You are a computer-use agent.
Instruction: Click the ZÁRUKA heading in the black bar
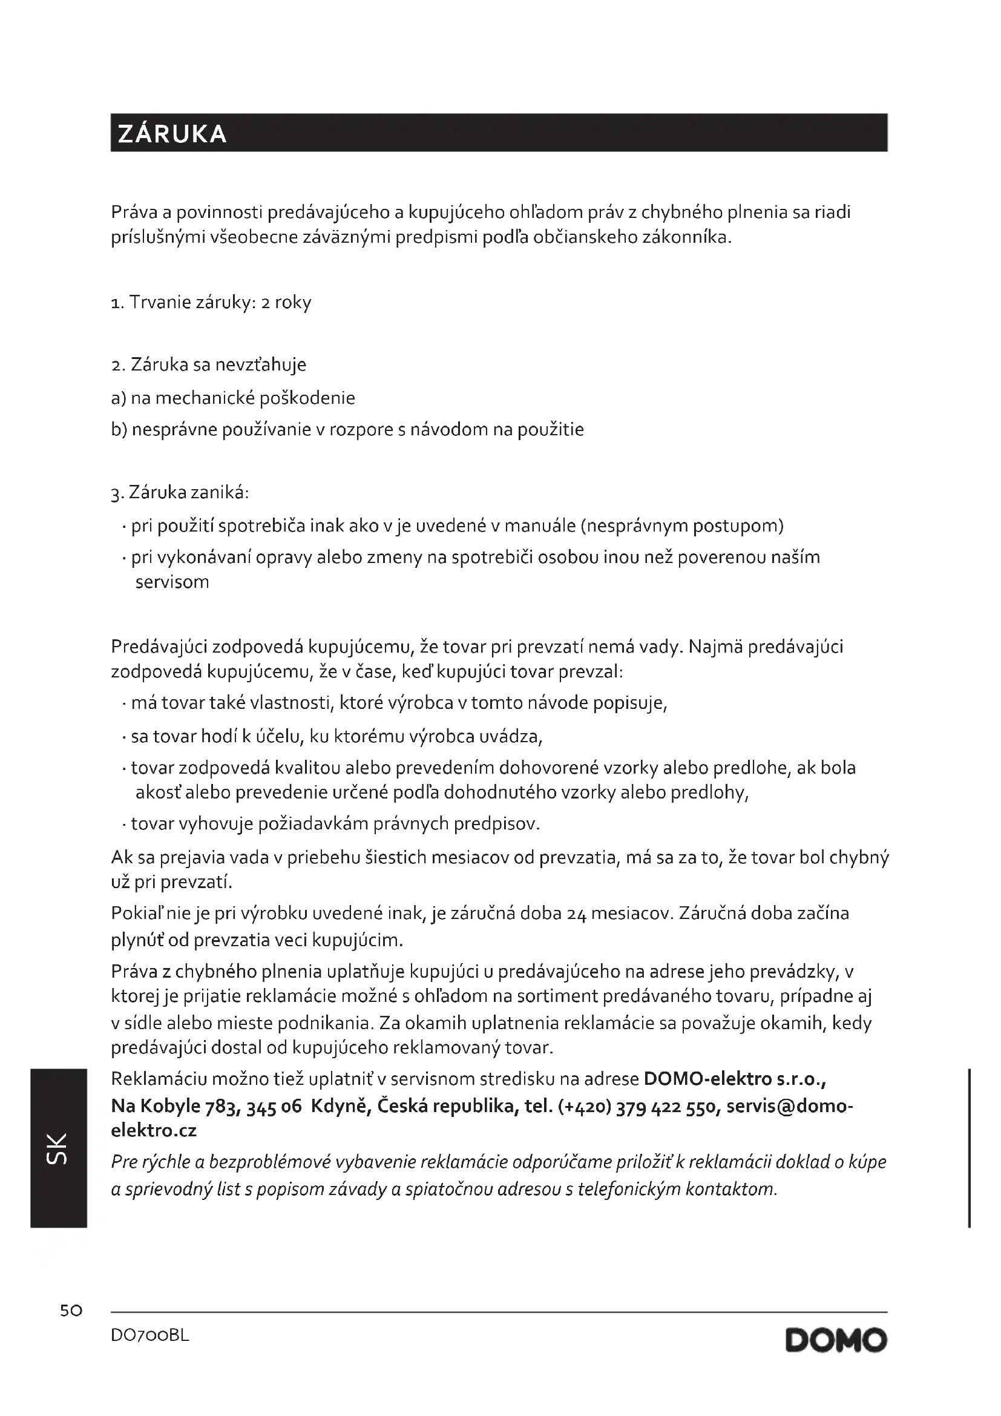tap(172, 134)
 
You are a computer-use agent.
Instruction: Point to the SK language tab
tap(57, 1148)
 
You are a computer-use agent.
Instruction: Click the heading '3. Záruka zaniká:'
tap(180, 493)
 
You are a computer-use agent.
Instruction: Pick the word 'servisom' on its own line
tap(172, 582)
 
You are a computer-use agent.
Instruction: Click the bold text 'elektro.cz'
tap(154, 1131)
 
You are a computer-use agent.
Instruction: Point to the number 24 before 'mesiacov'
tap(576, 914)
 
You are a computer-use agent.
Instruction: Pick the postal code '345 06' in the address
tap(274, 1107)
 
